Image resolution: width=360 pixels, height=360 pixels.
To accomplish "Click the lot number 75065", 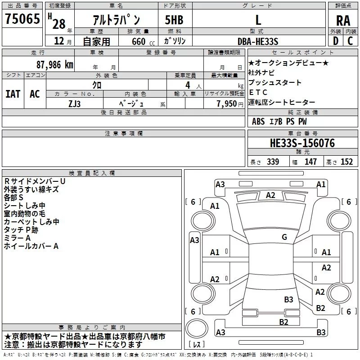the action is [x=22, y=20].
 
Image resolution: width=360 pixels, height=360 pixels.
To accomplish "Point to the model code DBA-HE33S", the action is [x=258, y=41].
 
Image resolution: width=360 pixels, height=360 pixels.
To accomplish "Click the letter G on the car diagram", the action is [x=284, y=237].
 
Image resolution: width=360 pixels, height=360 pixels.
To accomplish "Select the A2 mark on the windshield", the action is [x=270, y=195].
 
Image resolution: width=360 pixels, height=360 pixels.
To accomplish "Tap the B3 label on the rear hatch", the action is [x=288, y=299].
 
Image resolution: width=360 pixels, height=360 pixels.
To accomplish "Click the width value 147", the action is [x=310, y=162].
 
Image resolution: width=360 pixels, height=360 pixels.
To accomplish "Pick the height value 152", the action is [x=346, y=162].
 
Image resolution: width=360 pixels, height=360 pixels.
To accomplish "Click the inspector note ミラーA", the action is [x=17, y=238].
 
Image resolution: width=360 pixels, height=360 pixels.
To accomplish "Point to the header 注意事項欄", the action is [x=123, y=134].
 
